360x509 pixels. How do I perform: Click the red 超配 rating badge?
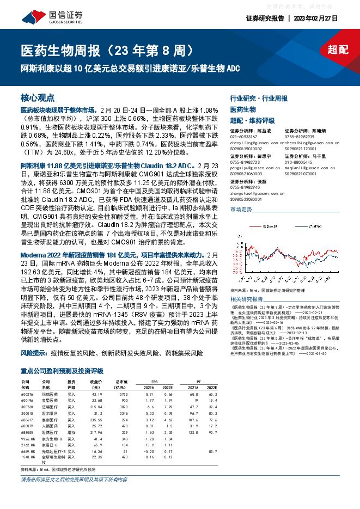[x=338, y=50]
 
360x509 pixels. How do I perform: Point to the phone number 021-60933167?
[x=246, y=136]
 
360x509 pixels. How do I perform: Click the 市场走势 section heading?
[x=241, y=210]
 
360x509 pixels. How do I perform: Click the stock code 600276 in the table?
[x=27, y=394]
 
